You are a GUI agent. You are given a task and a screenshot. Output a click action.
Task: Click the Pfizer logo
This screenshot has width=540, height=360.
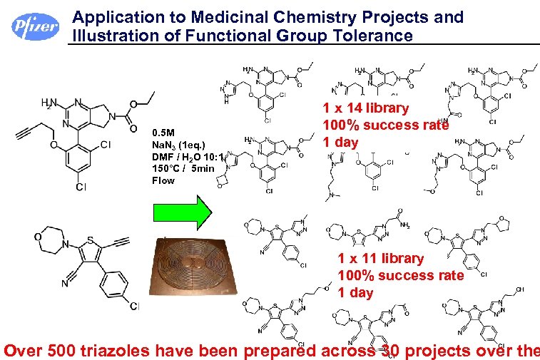point(34,27)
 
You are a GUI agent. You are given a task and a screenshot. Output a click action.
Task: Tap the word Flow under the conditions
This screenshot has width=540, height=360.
point(163,180)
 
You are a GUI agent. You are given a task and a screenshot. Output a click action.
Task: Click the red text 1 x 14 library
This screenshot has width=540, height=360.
point(365,108)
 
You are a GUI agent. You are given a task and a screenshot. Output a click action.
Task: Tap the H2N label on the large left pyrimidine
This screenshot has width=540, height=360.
point(49,103)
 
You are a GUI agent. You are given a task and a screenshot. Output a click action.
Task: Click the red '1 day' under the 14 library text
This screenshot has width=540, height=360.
point(340,143)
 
